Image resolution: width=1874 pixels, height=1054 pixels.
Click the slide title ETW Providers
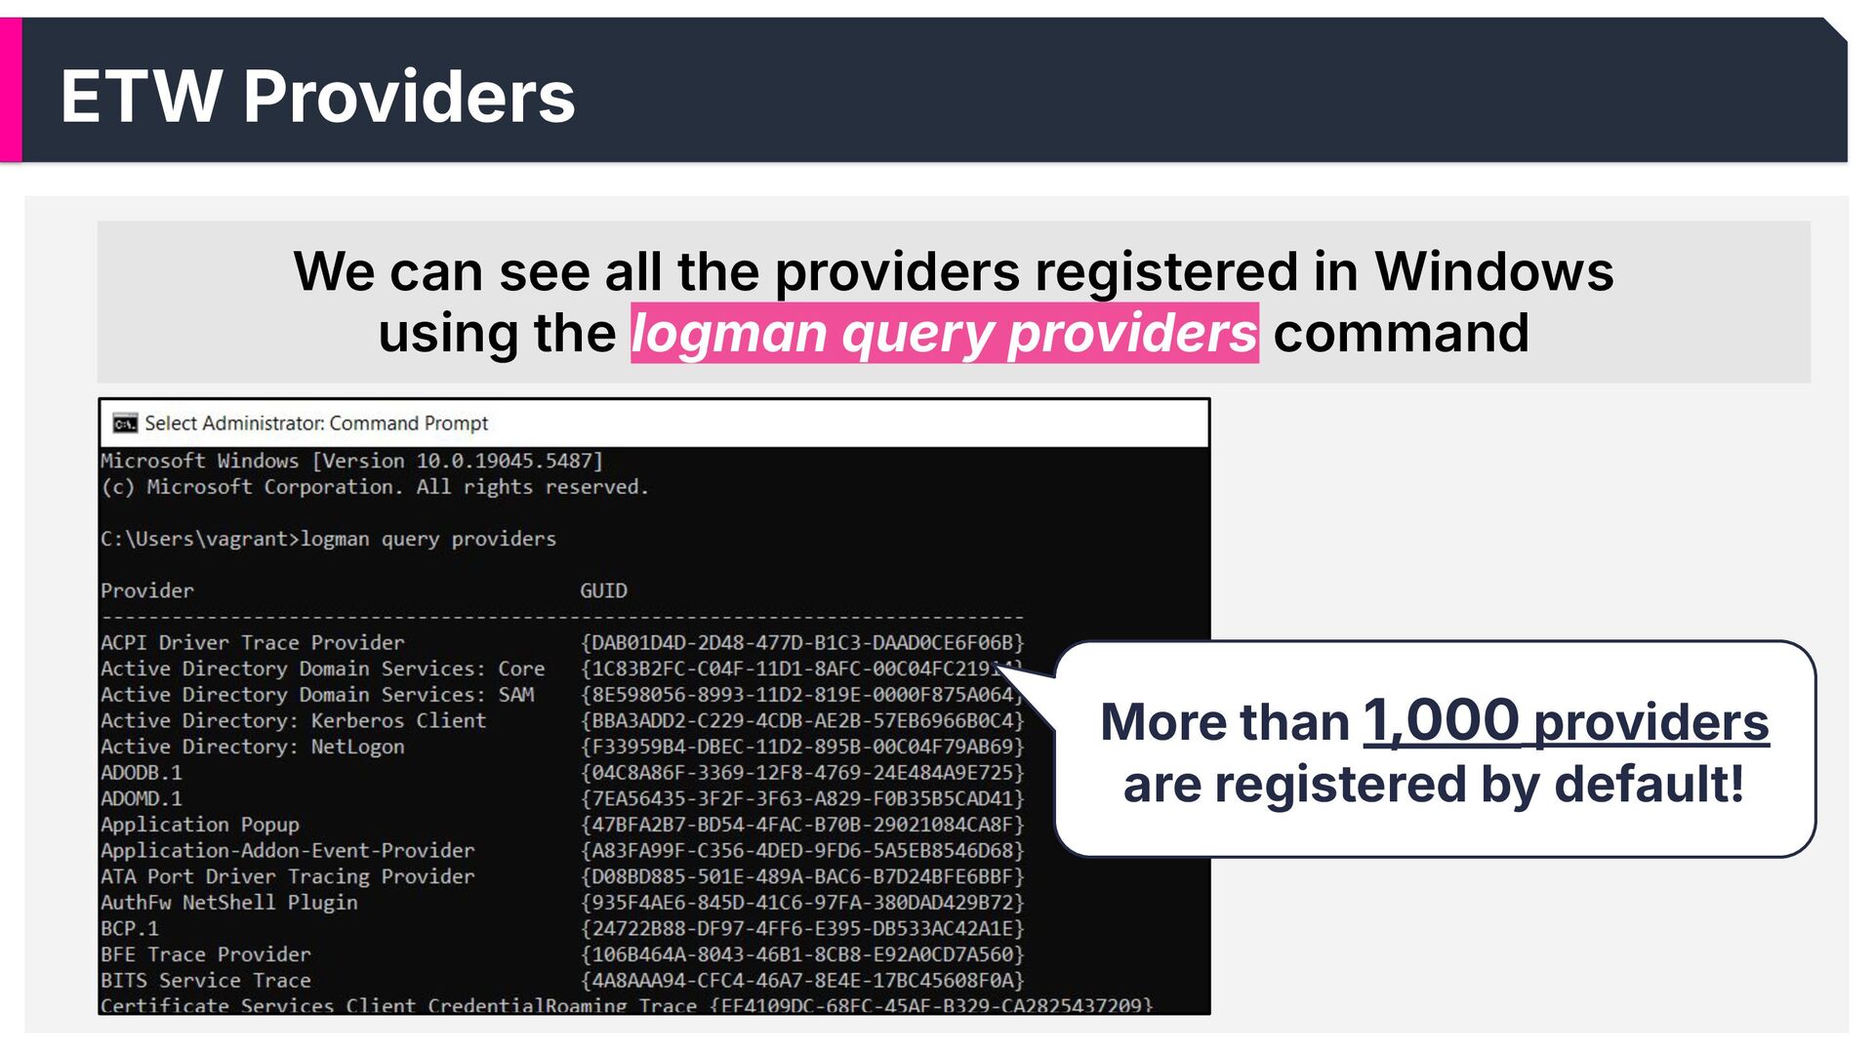(x=317, y=97)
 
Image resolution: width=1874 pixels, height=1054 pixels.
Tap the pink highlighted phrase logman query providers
(x=944, y=334)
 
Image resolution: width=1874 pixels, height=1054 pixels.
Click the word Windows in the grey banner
(x=1493, y=271)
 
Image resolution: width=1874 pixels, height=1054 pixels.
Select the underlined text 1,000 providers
(x=1566, y=722)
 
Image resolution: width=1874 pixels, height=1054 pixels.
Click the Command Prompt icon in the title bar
(x=125, y=424)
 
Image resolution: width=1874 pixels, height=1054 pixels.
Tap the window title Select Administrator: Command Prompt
(x=316, y=424)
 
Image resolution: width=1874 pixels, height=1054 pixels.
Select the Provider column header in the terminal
(x=147, y=590)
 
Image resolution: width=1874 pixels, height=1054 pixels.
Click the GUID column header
(x=603, y=590)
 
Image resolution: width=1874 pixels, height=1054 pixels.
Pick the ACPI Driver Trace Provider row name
(x=252, y=642)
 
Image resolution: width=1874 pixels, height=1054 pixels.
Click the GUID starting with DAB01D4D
(x=802, y=642)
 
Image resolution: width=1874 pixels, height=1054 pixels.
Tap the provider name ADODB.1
(x=142, y=772)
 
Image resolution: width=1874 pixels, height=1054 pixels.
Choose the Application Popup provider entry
(x=200, y=825)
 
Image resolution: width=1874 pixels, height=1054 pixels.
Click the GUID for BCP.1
(x=802, y=928)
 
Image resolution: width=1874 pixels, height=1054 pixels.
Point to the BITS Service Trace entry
(x=206, y=980)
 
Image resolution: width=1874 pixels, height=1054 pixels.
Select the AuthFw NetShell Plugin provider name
(x=229, y=903)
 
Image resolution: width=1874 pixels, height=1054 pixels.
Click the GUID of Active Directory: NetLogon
(x=802, y=747)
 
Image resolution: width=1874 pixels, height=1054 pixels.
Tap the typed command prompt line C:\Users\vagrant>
(x=199, y=539)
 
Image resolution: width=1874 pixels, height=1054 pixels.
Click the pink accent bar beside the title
(x=11, y=90)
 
